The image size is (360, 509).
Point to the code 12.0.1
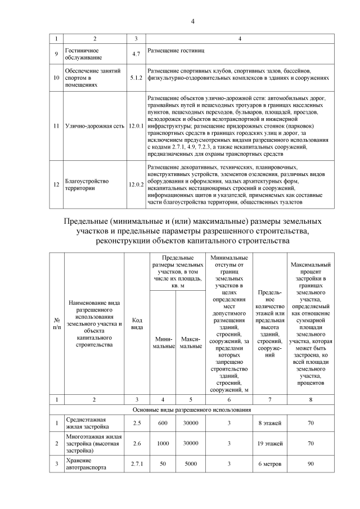coord(136,126)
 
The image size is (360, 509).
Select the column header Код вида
coord(136,323)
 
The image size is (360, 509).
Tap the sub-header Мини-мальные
coord(163,342)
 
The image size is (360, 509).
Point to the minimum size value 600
coord(163,422)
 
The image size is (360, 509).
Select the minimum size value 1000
coord(163,443)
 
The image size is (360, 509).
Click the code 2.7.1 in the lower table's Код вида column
coord(136,464)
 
